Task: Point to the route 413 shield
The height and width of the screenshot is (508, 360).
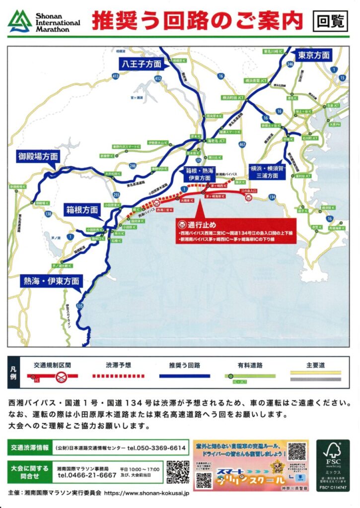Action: (x=116, y=76)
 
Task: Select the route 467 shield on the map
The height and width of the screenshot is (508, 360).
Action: (x=242, y=144)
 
